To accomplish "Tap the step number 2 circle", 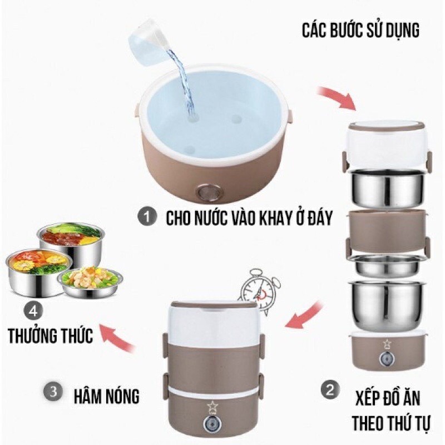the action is [x=330, y=390].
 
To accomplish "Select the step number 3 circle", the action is [x=53, y=392].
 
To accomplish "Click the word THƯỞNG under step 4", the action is [x=32, y=335].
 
